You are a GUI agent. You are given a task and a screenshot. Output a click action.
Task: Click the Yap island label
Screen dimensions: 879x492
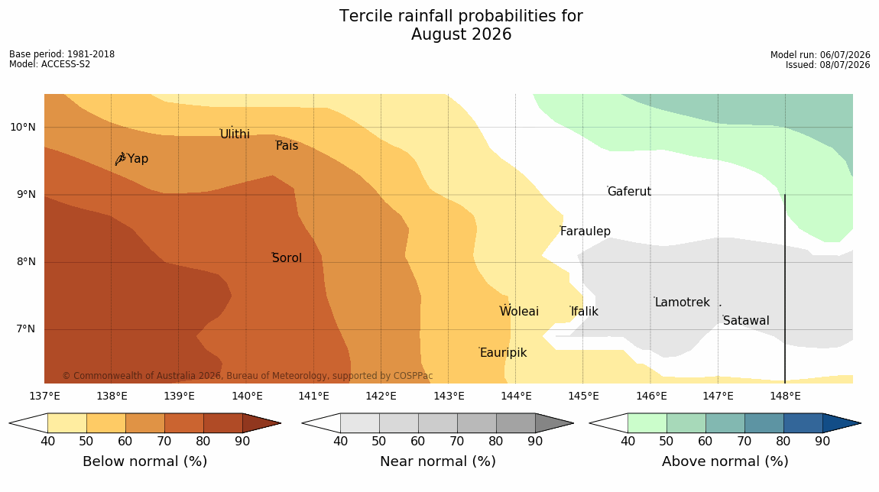tap(138, 159)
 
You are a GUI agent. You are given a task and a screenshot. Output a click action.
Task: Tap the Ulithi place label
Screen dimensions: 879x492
tap(235, 134)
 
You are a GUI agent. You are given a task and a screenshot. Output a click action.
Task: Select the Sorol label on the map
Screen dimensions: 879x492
tap(287, 257)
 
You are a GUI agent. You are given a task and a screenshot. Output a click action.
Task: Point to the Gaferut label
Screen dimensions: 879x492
tap(630, 191)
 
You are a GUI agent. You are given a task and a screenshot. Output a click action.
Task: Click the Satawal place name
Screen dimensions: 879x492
tap(746, 321)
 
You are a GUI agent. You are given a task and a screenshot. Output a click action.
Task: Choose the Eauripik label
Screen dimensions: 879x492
tap(504, 352)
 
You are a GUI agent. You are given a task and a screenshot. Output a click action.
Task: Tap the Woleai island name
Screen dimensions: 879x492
tap(520, 311)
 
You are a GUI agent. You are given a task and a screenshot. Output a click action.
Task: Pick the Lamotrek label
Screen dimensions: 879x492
tap(683, 302)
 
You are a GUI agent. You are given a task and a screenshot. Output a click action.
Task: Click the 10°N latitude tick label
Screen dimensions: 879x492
tap(22, 128)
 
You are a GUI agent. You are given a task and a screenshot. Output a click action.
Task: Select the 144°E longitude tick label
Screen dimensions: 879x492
tap(516, 397)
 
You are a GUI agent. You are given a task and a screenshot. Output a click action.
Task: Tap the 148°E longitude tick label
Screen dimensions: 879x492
tap(786, 397)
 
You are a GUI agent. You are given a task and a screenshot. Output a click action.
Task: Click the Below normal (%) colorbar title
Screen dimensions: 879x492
tap(145, 461)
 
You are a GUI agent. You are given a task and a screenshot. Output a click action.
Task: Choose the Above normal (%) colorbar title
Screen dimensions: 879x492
tap(725, 461)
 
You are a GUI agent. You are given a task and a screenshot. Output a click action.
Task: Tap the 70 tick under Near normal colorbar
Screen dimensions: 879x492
tap(457, 441)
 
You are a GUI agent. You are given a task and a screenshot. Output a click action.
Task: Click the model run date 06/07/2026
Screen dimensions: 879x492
tap(845, 55)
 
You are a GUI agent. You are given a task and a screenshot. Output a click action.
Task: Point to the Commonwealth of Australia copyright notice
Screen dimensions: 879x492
tap(247, 375)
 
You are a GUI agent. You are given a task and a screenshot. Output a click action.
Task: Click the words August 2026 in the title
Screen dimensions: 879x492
tap(462, 34)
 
